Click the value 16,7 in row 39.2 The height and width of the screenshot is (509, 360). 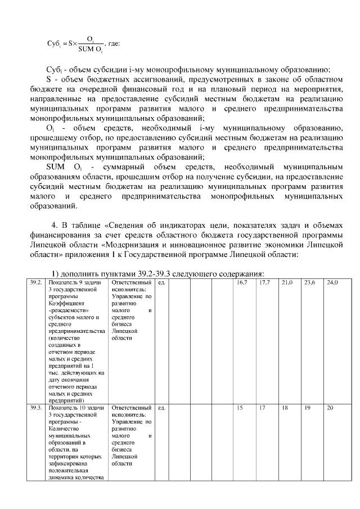tap(242, 282)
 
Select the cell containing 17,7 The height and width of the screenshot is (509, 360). tap(264, 282)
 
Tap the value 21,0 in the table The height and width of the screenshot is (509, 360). tap(287, 282)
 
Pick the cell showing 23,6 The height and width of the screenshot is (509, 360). tap(309, 282)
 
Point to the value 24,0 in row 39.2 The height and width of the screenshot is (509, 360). tap(332, 282)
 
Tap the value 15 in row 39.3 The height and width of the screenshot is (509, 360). tap(240, 408)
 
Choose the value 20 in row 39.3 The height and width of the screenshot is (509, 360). tap(330, 408)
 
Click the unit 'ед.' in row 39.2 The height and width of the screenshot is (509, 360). tap(161, 282)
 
